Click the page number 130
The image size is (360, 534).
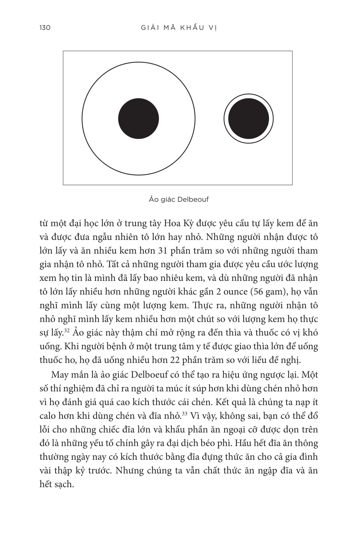(x=45, y=28)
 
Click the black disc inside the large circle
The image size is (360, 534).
(x=139, y=118)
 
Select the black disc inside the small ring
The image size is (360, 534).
(x=249, y=118)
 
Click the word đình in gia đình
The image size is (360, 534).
(x=308, y=457)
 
